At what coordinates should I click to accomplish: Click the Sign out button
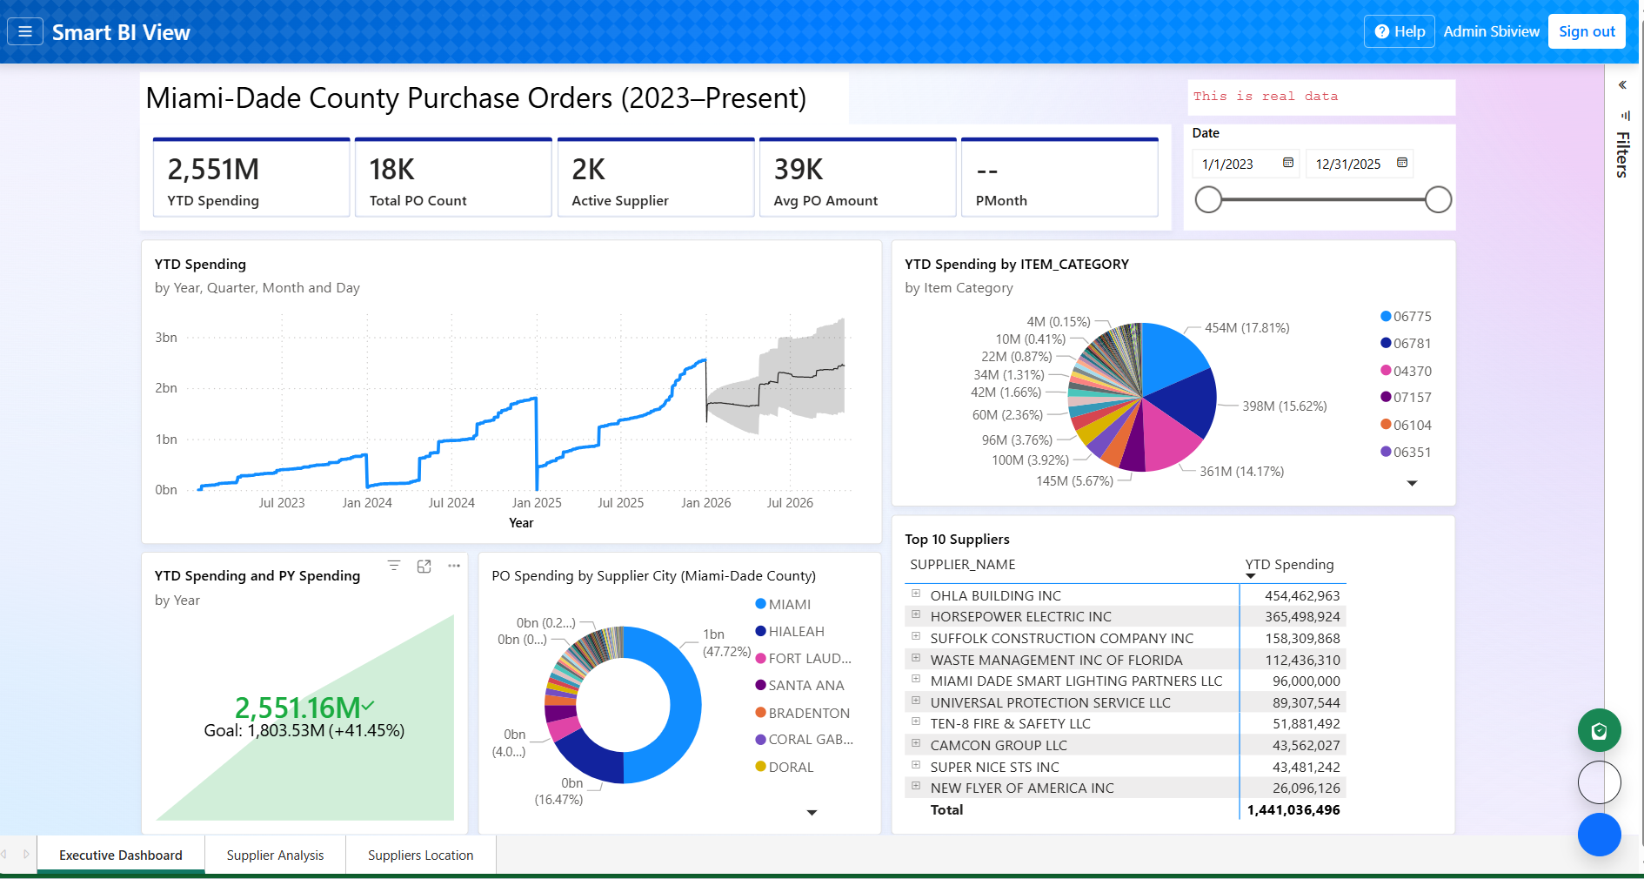tap(1586, 31)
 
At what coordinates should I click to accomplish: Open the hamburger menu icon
tap(25, 32)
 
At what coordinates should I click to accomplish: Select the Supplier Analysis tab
tap(275, 856)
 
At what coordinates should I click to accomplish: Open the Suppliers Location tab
tap(420, 856)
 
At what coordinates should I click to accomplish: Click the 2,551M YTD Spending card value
tap(213, 169)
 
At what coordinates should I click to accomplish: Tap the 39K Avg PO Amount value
tap(798, 169)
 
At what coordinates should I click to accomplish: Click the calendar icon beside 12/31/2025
tap(1402, 163)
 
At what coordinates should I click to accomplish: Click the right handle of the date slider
tap(1438, 199)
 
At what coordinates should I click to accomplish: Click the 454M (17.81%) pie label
tap(1246, 328)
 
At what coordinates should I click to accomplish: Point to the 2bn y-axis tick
tap(166, 388)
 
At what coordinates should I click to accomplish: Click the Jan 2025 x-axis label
tap(536, 503)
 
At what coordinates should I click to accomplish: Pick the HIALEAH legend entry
tap(795, 632)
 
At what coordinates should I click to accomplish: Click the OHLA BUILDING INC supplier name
tap(995, 596)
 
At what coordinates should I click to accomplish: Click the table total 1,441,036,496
tap(1293, 810)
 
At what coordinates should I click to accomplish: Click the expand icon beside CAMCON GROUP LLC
tap(916, 744)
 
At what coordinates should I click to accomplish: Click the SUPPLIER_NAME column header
tap(962, 565)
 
